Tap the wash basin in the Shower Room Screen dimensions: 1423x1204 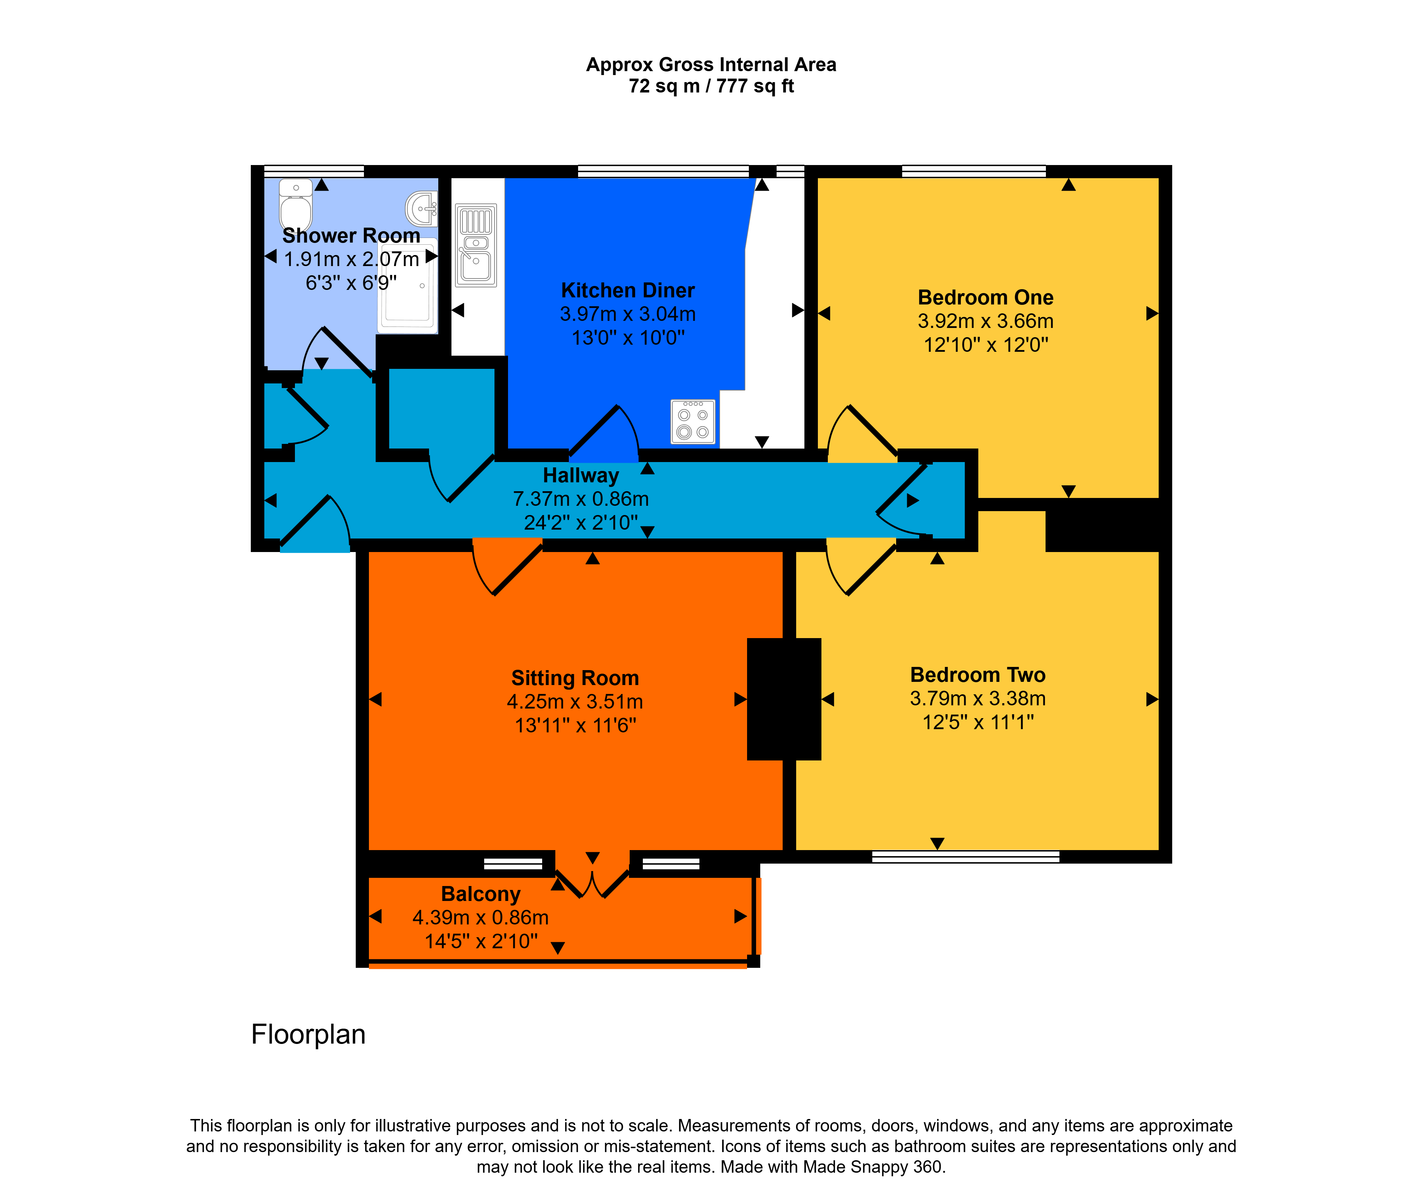tap(422, 208)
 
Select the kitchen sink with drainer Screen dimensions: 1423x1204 tap(476, 245)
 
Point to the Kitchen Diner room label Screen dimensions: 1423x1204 tap(627, 290)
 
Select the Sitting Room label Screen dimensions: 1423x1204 tap(575, 678)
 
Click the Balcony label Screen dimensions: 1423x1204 tap(481, 893)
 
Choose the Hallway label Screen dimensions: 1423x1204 tap(581, 475)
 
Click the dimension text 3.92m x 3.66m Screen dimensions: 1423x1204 tap(985, 321)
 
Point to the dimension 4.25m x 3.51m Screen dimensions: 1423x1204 tap(575, 702)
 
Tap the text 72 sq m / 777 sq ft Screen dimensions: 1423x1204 tap(711, 86)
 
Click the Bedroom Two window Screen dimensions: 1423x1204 tap(966, 856)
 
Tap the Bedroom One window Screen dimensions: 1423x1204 tap(974, 171)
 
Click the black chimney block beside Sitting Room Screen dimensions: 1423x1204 tap(784, 699)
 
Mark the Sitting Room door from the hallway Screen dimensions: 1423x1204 tap(507, 567)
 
